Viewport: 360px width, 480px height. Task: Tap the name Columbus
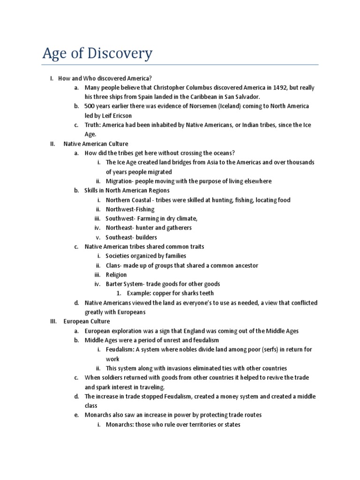193,88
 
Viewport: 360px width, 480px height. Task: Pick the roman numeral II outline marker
52,144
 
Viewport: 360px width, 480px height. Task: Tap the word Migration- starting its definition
122,181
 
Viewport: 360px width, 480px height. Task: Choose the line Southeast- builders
131,237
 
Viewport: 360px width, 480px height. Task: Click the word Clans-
115,265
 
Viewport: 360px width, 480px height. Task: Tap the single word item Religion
116,275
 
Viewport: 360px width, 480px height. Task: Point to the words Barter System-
126,284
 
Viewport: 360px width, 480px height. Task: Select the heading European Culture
87,322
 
